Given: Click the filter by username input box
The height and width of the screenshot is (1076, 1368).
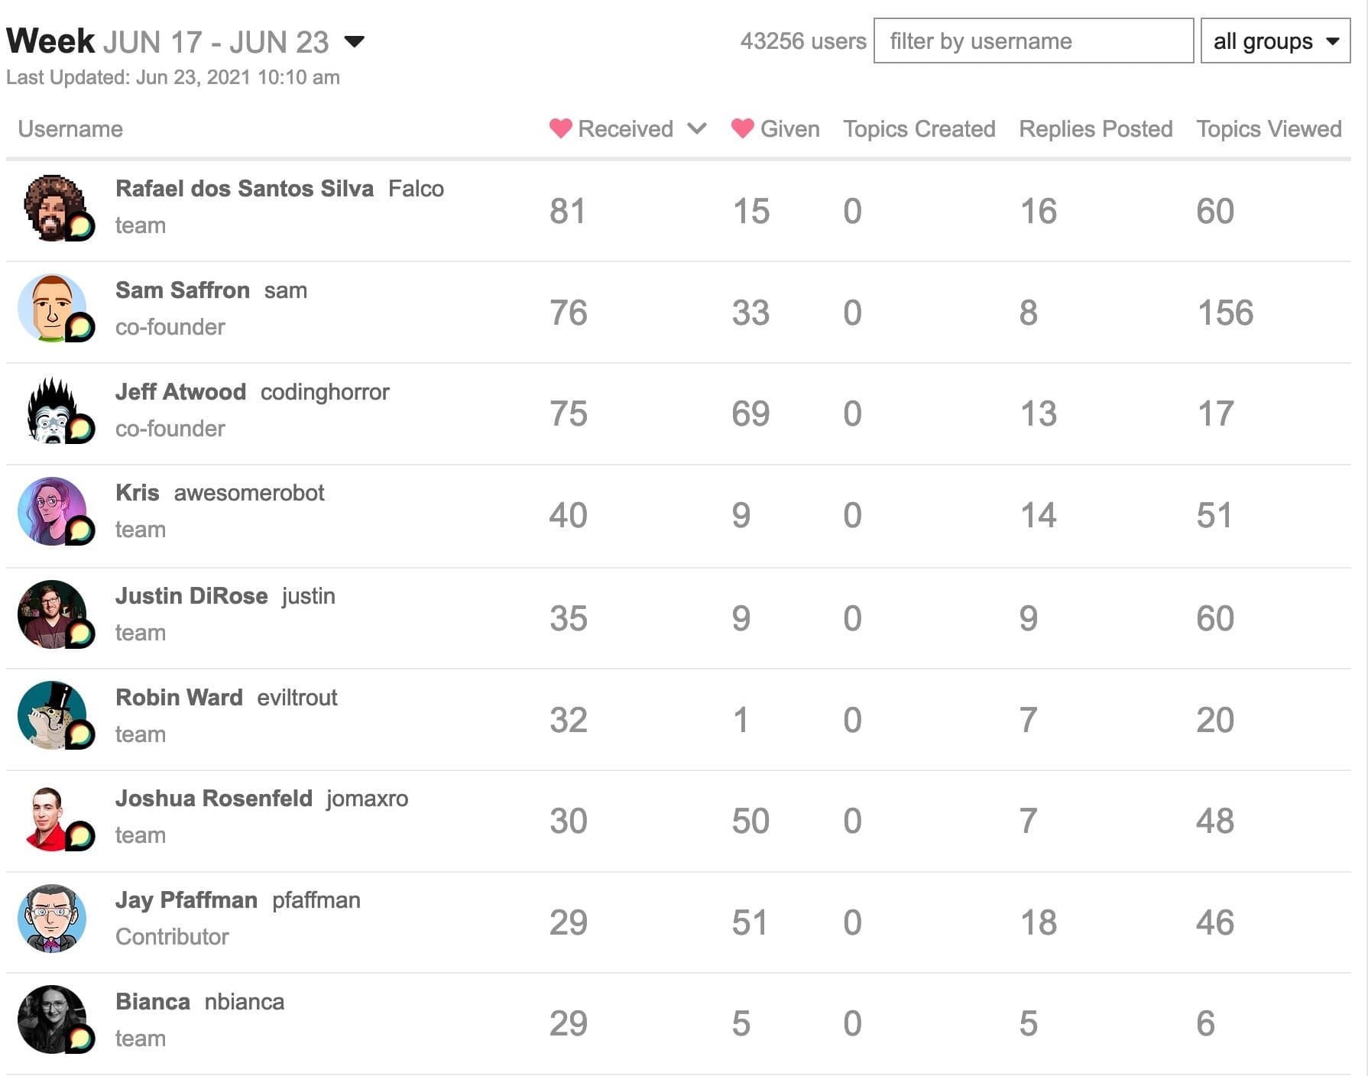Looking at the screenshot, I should point(1032,41).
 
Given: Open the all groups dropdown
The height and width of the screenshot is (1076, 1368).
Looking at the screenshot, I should point(1275,41).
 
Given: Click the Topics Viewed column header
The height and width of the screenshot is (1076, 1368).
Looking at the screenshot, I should point(1268,129).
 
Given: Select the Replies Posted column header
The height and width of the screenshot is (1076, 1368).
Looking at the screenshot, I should point(1095,129).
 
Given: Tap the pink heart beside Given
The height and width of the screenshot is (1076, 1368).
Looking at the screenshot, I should point(742,128).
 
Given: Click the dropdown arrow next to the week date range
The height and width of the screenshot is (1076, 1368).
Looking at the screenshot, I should point(355,41).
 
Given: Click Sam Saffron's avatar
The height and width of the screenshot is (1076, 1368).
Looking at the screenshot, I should point(52,308).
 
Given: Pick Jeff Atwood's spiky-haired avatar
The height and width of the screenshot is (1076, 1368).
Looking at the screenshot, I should point(52,410).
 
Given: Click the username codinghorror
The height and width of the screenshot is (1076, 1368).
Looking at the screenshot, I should point(325,392).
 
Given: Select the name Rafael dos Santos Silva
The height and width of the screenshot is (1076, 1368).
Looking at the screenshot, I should point(245,189).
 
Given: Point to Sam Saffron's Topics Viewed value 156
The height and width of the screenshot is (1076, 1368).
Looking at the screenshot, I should point(1224,313).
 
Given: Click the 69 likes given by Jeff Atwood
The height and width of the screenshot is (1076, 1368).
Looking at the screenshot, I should point(750,414).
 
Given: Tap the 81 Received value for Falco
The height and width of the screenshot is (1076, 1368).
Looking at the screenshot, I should point(567,212).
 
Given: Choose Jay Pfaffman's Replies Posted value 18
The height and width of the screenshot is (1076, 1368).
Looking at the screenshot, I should point(1038,922).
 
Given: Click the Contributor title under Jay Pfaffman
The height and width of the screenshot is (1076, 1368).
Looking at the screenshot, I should point(172,937).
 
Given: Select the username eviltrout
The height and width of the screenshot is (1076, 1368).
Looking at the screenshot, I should point(297,698).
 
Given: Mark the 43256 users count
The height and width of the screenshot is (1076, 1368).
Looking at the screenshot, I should point(802,41).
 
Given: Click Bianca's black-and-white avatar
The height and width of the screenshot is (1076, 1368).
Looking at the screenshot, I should point(52,1019).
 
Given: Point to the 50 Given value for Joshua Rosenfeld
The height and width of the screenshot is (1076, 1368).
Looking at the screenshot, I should point(750,821).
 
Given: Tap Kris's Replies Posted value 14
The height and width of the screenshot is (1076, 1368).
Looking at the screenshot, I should point(1038,516).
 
